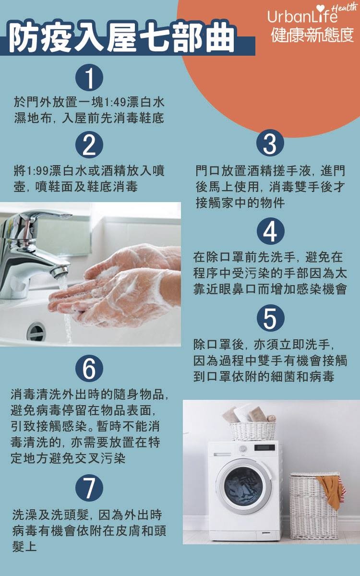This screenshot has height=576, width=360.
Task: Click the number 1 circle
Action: [x=89, y=78]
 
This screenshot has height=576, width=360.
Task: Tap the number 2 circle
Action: [x=89, y=144]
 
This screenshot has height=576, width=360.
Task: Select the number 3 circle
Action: [x=270, y=144]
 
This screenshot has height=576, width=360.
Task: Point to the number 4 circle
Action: [x=270, y=232]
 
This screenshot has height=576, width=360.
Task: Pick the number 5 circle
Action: [x=270, y=318]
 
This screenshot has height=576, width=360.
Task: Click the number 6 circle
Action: [x=89, y=369]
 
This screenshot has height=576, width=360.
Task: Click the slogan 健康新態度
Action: [x=312, y=36]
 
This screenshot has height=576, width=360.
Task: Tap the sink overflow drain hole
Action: [x=36, y=331]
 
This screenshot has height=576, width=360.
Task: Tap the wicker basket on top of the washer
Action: [x=252, y=430]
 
